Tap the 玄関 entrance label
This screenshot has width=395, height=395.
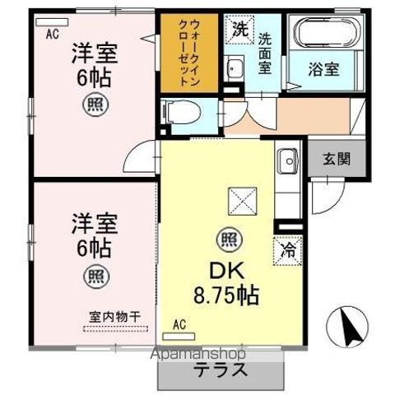(x=335, y=159)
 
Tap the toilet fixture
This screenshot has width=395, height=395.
(x=177, y=110)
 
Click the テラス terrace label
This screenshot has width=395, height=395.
(x=221, y=369)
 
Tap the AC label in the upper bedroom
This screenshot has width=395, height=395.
(x=52, y=34)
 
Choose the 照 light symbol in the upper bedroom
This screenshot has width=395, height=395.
(x=94, y=105)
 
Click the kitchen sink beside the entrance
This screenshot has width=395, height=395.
(x=287, y=160)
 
